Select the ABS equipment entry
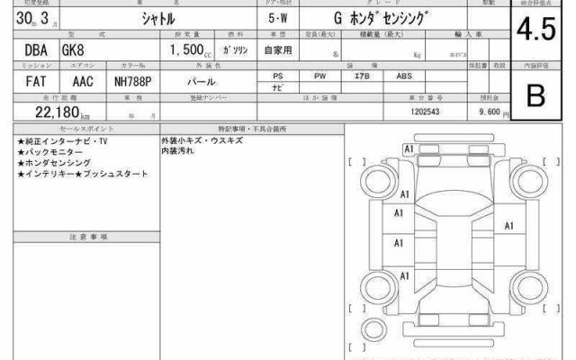404,76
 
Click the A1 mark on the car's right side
509,226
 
